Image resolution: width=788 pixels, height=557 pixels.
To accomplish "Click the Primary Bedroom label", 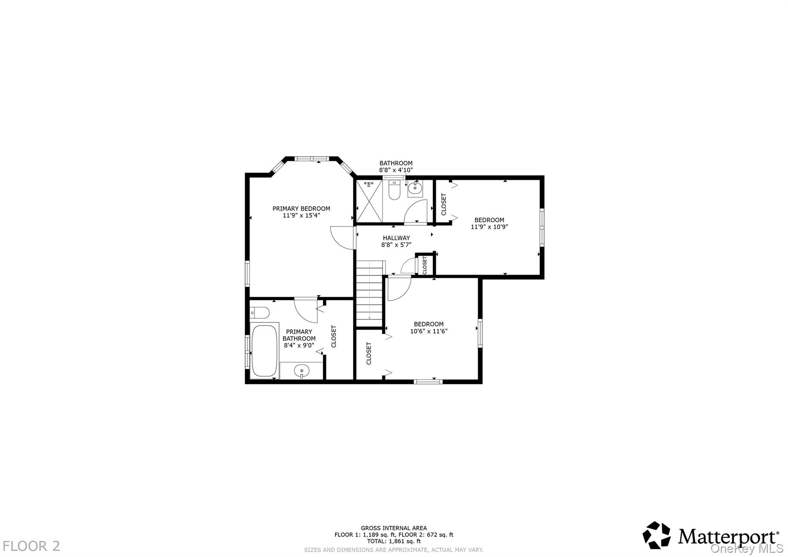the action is click(x=301, y=209).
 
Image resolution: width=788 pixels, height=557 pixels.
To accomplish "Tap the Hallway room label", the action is click(x=396, y=238).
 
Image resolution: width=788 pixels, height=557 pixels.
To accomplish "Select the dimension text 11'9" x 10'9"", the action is click(x=489, y=227).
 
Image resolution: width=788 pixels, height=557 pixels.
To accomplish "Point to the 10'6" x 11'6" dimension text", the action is click(x=429, y=331).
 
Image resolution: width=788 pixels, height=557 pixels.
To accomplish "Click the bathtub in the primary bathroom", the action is click(x=264, y=351).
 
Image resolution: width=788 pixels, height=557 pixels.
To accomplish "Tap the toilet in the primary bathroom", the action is click(x=259, y=312).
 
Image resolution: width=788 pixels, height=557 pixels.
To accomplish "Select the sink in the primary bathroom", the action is click(x=302, y=371).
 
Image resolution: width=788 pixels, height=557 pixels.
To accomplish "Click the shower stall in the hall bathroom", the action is click(x=369, y=201).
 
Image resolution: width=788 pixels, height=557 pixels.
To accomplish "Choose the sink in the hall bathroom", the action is click(x=415, y=189).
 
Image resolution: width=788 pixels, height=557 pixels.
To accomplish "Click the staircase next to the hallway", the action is click(x=370, y=293).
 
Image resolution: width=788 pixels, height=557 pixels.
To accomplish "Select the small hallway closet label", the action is click(x=425, y=265).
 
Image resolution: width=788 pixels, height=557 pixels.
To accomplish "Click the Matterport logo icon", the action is click(x=656, y=535).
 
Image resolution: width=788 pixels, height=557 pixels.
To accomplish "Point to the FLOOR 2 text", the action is click(x=32, y=546).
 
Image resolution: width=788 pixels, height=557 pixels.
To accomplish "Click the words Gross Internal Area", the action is click(x=394, y=528).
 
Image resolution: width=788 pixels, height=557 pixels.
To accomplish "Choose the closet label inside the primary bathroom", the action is click(x=334, y=336).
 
